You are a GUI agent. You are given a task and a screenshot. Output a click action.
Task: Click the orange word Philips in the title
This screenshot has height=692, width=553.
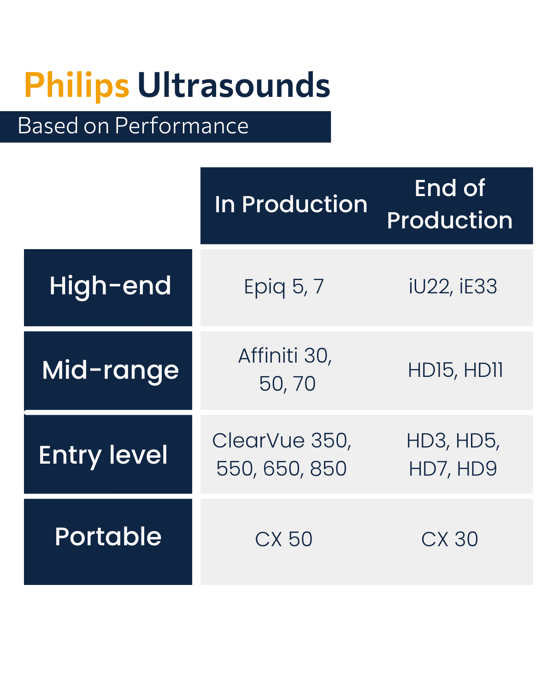click(76, 86)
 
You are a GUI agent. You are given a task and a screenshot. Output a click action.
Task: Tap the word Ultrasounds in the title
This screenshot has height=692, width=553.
click(234, 86)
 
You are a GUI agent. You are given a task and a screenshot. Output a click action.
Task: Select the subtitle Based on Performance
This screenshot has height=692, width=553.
click(133, 126)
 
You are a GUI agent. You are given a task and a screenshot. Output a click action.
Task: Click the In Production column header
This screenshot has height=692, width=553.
click(291, 204)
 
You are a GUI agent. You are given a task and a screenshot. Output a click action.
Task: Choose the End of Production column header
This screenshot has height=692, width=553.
click(450, 204)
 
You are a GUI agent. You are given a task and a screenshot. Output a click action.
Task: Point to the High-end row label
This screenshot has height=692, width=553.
click(110, 286)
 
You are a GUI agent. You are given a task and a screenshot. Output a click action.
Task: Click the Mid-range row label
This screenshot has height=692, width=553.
click(110, 370)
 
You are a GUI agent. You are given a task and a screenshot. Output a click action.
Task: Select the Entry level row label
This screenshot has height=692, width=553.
click(103, 455)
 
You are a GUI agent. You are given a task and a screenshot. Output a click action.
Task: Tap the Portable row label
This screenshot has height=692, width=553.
click(108, 537)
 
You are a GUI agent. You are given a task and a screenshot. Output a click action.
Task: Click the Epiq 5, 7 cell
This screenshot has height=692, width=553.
click(284, 287)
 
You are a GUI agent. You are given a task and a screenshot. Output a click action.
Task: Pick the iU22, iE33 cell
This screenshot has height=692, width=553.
click(453, 287)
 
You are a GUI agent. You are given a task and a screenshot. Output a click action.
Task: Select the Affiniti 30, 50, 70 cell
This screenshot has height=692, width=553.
click(286, 370)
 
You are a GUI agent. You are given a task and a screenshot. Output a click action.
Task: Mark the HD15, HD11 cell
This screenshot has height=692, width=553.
click(455, 370)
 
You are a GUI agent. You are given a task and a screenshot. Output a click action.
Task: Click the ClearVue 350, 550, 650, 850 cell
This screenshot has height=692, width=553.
click(282, 454)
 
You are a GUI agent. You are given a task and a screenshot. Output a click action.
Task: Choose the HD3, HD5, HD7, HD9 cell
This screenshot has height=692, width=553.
click(453, 454)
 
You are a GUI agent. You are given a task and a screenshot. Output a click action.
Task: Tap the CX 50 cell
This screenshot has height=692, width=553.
click(284, 539)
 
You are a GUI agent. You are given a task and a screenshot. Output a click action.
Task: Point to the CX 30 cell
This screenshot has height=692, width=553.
click(450, 539)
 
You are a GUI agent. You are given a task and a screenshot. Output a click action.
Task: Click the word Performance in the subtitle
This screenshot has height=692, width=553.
click(182, 126)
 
